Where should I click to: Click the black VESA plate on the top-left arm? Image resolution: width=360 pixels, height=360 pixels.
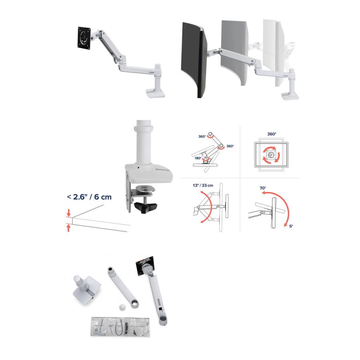pos(84,38)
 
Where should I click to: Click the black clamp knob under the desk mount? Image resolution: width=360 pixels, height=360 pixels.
pos(146,207)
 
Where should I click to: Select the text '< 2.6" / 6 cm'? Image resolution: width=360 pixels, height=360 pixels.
pos(89,197)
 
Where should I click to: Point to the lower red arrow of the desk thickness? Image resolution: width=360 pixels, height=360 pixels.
pos(68,228)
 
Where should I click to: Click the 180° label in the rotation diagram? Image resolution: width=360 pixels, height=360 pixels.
pos(198,158)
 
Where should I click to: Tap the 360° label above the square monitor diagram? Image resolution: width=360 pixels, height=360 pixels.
pos(272,134)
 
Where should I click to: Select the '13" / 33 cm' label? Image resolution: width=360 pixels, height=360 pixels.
pos(203,185)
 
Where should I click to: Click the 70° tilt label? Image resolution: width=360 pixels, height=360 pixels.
pos(263,188)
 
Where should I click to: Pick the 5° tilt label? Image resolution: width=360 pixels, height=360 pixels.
pos(291,226)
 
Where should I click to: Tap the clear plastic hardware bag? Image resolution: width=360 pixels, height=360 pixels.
pos(120,327)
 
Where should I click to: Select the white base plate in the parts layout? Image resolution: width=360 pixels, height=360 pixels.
pos(87,288)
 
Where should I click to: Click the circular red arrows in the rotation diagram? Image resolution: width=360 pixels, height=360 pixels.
pos(271,155)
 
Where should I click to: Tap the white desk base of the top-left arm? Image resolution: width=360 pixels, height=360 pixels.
pos(156,94)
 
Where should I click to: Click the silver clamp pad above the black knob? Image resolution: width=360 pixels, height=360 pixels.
pos(145,189)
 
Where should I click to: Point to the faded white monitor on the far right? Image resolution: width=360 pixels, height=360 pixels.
pos(277,53)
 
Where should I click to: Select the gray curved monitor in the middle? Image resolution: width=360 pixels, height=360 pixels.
pos(234,53)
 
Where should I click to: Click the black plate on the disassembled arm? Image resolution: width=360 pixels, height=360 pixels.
pos(144,266)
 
